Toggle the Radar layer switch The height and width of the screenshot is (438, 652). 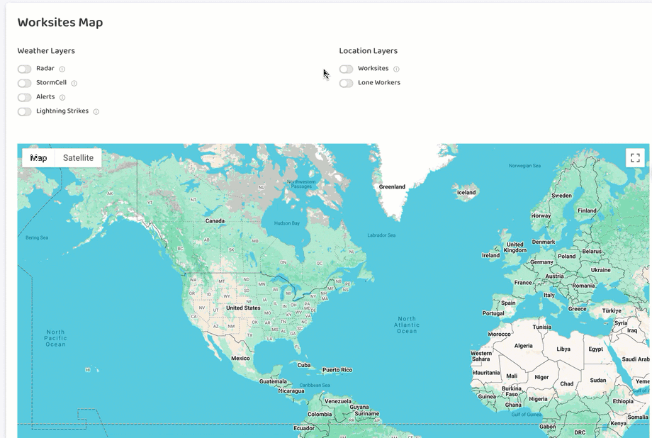25,69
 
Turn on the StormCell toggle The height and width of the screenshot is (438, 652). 25,83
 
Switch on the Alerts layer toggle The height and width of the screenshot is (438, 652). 25,97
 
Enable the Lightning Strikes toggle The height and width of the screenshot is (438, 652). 25,111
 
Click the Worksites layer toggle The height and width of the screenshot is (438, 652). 346,69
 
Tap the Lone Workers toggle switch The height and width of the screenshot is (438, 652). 346,83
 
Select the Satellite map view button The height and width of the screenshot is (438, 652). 78,158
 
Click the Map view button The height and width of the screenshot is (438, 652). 38,158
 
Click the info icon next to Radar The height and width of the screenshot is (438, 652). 62,69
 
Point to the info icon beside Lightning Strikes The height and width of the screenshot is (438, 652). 96,112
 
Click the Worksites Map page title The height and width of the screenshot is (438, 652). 60,23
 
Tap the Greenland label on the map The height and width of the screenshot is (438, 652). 392,187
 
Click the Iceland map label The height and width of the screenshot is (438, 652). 466,192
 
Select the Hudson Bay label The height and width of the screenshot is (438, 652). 287,223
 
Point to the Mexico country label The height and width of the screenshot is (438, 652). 240,358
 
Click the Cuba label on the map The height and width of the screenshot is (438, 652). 304,365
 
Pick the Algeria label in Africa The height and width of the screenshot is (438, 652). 523,346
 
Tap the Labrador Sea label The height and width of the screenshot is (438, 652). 381,235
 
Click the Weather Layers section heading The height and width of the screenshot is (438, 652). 46,51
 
